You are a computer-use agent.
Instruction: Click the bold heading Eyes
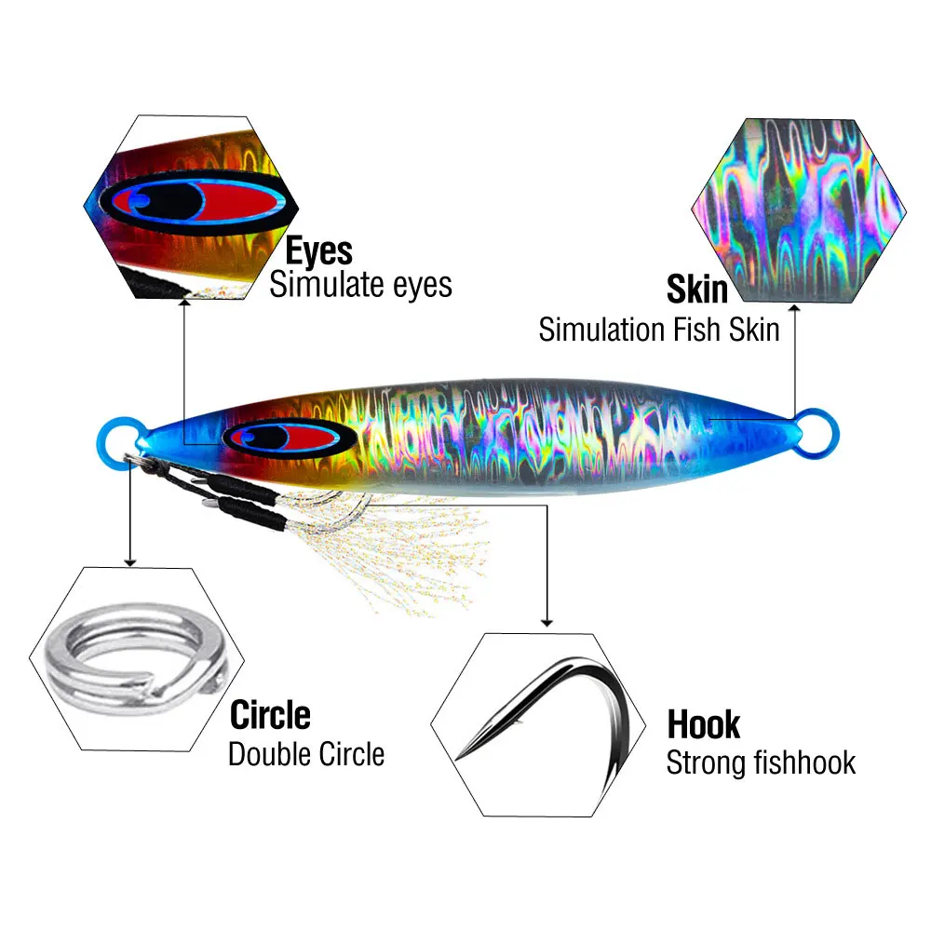(x=318, y=251)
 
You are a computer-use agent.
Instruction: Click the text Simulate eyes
(x=360, y=284)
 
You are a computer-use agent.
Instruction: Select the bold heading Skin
(x=696, y=290)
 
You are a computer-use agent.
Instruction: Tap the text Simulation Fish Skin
(x=659, y=329)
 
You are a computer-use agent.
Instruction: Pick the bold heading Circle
(x=270, y=715)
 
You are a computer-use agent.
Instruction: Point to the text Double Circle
(x=306, y=753)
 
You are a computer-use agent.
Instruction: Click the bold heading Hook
(x=704, y=724)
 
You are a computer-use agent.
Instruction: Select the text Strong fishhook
(x=761, y=763)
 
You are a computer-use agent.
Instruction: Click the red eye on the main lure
(x=277, y=438)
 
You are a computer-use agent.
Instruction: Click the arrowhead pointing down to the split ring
(x=130, y=561)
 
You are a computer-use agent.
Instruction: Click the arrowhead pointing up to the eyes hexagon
(x=184, y=304)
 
